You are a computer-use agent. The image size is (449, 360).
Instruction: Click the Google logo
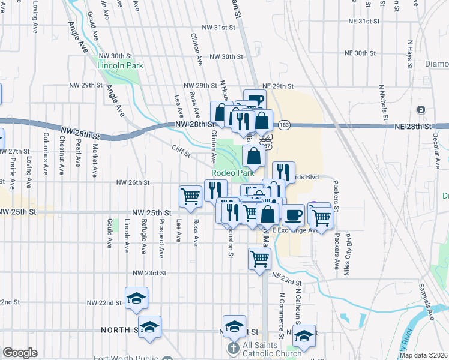20,353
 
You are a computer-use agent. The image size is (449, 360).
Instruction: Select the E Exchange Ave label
294,230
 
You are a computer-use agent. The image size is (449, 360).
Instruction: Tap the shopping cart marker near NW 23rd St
260,259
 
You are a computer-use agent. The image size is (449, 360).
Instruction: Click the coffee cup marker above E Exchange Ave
293,214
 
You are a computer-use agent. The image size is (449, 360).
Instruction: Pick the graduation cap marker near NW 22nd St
137,298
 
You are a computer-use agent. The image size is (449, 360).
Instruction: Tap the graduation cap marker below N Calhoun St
304,336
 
